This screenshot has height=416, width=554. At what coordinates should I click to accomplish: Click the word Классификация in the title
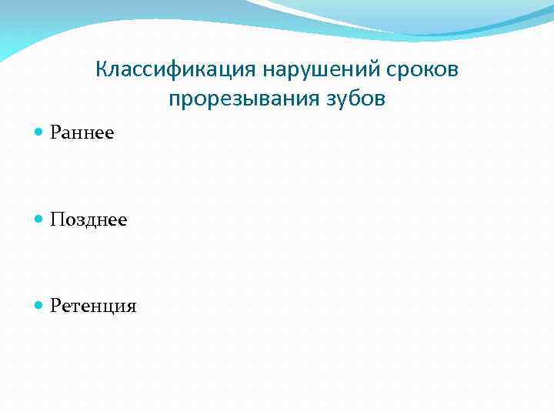[177, 70]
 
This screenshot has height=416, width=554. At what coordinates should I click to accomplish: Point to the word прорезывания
[239, 100]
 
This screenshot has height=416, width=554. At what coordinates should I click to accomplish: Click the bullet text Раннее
[82, 133]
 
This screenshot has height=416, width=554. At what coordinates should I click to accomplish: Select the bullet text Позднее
[88, 220]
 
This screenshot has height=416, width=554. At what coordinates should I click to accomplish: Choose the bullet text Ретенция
[93, 307]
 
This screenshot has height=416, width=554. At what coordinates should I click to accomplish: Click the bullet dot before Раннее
[39, 133]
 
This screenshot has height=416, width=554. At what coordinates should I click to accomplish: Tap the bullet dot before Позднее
[39, 220]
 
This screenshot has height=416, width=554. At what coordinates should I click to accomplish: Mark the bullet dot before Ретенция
[39, 307]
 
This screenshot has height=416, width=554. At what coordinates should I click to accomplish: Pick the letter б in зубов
[351, 99]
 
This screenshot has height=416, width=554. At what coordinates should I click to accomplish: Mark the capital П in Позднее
[57, 220]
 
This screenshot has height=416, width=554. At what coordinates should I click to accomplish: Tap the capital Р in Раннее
[55, 133]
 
